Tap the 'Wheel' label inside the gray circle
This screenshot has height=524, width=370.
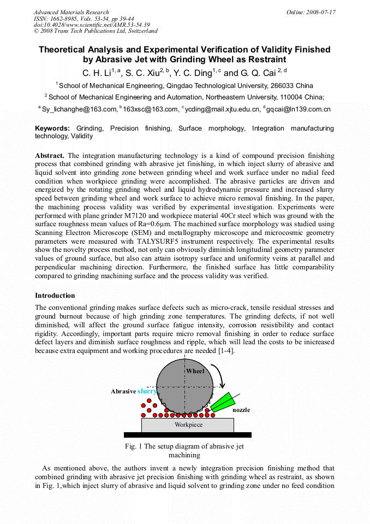click(x=195, y=372)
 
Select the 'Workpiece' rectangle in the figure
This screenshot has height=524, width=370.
click(x=188, y=425)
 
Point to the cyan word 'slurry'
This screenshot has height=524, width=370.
click(x=147, y=391)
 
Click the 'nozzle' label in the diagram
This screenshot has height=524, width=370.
click(x=241, y=410)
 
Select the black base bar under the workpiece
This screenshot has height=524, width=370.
click(x=188, y=435)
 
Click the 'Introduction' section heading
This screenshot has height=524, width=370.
click(x=55, y=296)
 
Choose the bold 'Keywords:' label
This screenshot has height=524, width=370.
click(x=52, y=128)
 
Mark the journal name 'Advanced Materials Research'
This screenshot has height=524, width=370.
click(x=71, y=12)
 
